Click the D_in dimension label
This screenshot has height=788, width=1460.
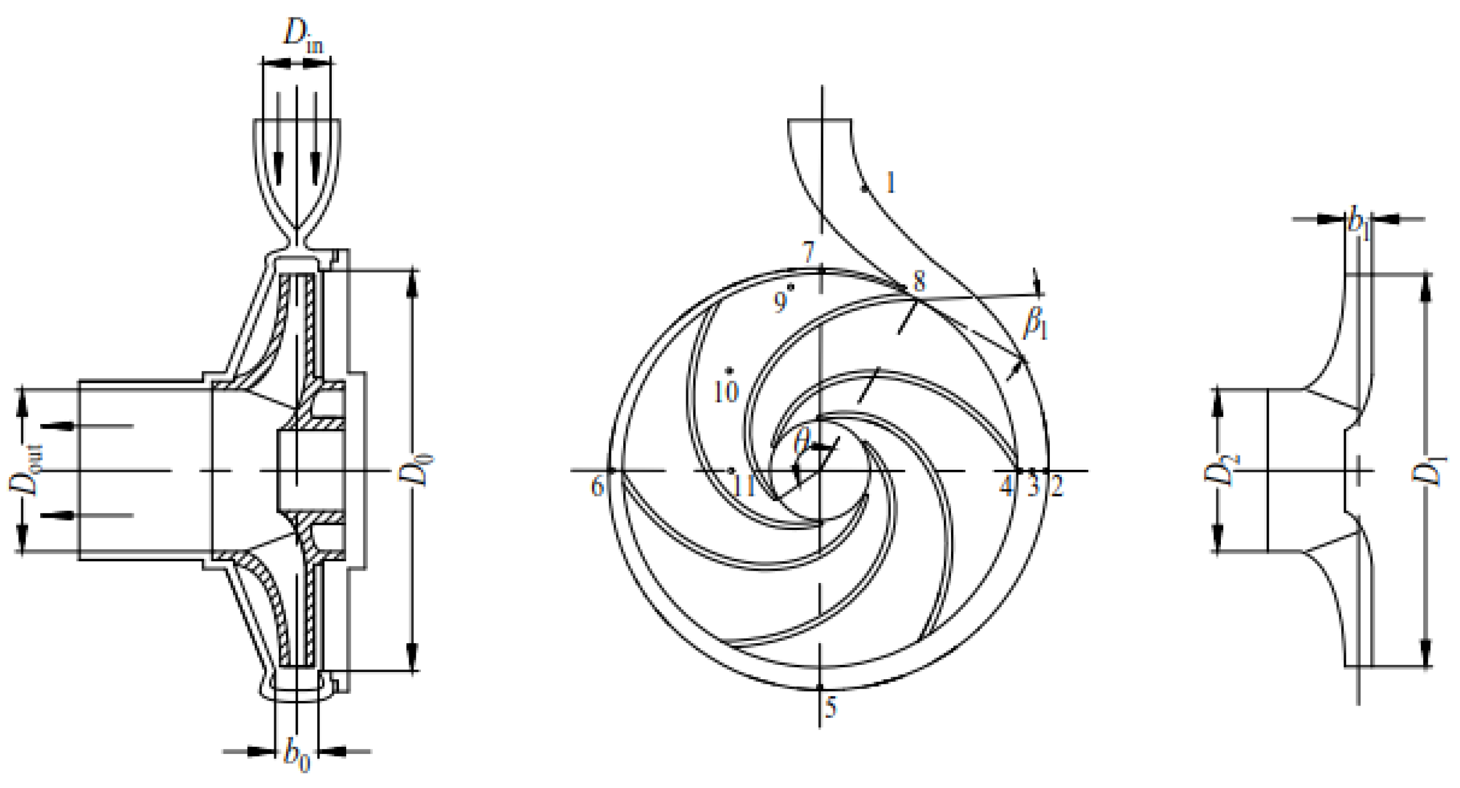tap(303, 37)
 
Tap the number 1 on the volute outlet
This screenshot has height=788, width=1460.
tap(890, 183)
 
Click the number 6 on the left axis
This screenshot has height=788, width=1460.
tap(597, 487)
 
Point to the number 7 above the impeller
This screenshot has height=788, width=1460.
tap(808, 251)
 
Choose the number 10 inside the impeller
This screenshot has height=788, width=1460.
tap(726, 391)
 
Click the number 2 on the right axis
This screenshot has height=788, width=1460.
tap(1056, 487)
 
